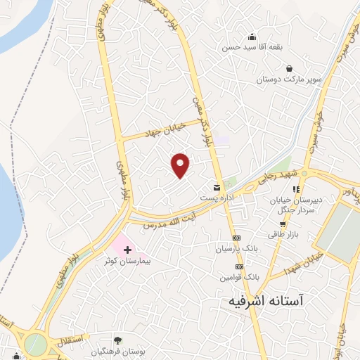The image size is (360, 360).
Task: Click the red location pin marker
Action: (181, 165)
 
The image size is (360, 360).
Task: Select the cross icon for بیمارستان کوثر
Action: (127, 250)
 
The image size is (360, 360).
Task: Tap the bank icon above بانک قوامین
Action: (239, 267)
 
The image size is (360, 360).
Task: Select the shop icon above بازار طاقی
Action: (282, 224)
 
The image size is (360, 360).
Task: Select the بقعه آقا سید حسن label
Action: (252, 48)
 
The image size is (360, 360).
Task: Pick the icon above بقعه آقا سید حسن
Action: (252, 37)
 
